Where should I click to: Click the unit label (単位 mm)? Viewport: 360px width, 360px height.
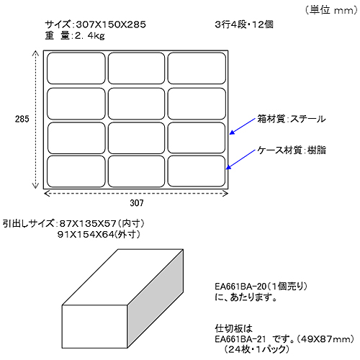click(x=331, y=10)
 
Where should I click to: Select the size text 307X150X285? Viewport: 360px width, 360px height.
click(x=111, y=24)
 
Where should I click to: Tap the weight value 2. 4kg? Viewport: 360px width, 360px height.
click(x=90, y=36)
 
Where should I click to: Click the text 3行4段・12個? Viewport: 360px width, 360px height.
click(x=244, y=24)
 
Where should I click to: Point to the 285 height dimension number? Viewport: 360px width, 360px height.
click(x=22, y=119)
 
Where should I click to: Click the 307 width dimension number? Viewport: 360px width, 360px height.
click(x=137, y=203)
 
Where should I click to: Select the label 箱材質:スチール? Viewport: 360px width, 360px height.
click(x=292, y=119)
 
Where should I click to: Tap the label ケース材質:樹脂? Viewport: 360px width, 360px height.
click(x=292, y=150)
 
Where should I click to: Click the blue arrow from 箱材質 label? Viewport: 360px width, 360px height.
click(x=242, y=126)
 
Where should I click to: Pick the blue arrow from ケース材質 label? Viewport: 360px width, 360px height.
click(x=240, y=160)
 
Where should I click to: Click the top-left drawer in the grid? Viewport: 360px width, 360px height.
click(x=76, y=68)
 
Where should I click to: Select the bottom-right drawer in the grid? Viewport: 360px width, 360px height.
click(x=197, y=171)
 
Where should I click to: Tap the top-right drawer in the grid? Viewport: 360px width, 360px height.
click(x=197, y=68)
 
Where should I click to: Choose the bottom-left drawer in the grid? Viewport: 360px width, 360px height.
click(x=76, y=171)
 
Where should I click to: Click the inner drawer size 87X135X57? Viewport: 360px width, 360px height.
click(x=88, y=224)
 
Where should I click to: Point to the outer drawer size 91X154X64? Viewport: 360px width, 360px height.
click(x=86, y=235)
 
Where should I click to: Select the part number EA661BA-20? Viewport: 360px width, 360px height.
click(x=240, y=287)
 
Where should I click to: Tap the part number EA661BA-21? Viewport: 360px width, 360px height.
click(x=240, y=339)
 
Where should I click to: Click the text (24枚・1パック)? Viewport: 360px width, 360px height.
click(x=256, y=349)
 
